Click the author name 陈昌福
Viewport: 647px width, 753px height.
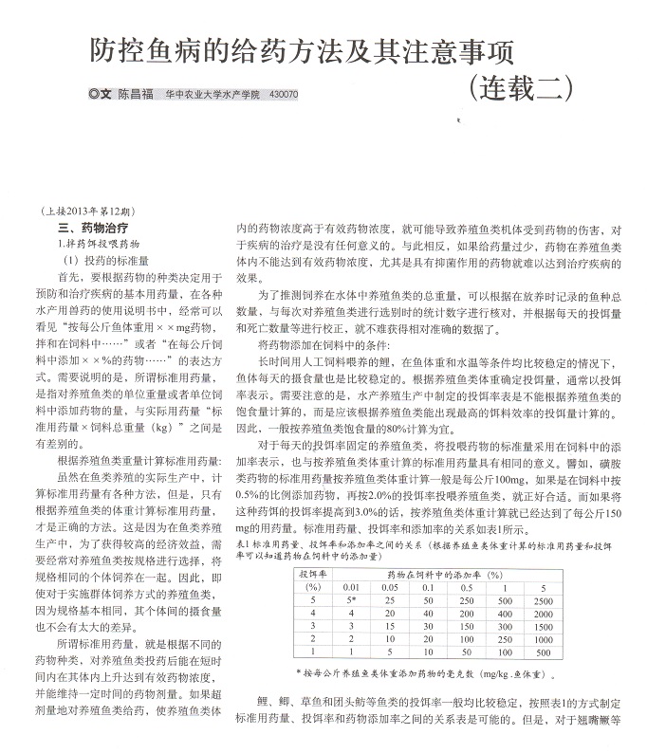138,96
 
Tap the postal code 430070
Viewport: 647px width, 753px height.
284,96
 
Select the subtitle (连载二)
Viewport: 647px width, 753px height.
521,88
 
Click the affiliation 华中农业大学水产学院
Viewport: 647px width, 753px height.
213,96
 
